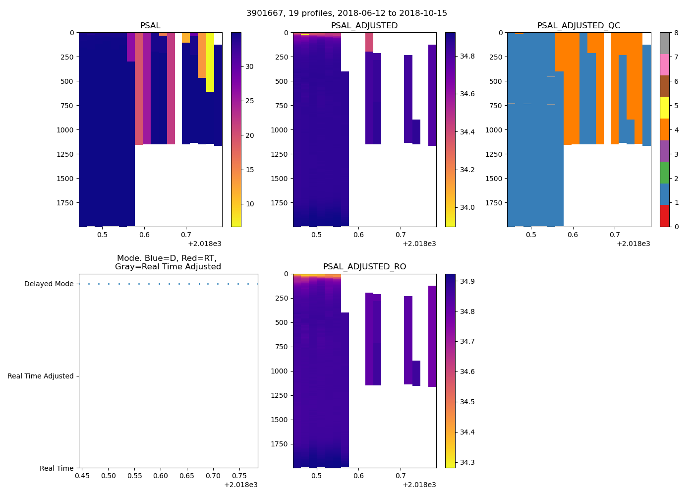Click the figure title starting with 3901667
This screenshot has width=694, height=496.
(x=347, y=13)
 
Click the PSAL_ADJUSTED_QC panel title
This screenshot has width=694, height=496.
(x=578, y=26)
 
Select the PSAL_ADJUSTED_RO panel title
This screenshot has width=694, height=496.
(x=364, y=267)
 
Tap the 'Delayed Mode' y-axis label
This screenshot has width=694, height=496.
(x=49, y=284)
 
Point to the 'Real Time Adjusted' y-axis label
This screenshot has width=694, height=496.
(x=41, y=376)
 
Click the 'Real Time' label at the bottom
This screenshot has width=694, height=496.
(x=57, y=469)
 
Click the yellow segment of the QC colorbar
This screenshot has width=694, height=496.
(x=664, y=108)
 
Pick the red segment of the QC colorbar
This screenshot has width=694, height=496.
(x=664, y=216)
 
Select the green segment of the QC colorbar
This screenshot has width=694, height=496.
(x=664, y=173)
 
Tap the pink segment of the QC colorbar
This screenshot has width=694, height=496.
(x=664, y=64)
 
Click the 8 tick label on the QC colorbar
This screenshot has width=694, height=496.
(x=676, y=33)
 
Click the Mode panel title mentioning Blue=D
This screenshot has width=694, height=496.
(x=168, y=262)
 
